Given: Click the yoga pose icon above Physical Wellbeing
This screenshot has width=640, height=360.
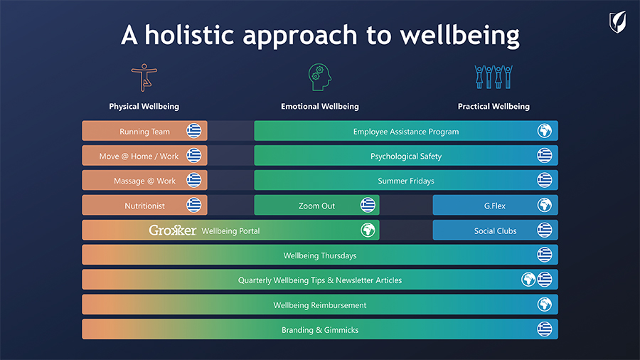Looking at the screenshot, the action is (x=144, y=77).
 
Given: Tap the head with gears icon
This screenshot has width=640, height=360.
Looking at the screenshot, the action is (x=319, y=77).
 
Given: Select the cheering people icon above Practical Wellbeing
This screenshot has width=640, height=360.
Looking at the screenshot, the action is (x=494, y=77).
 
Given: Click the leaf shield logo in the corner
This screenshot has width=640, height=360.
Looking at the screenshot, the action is (x=618, y=22).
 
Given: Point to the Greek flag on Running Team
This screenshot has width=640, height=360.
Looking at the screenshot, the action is (x=194, y=131).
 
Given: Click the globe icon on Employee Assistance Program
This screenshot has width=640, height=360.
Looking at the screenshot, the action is (x=545, y=131).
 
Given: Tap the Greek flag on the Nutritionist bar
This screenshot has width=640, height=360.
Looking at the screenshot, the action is (x=194, y=205).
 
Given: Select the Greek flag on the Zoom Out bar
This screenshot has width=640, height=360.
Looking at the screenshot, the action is (x=368, y=205).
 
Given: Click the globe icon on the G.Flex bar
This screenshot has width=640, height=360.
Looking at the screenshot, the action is (x=545, y=205).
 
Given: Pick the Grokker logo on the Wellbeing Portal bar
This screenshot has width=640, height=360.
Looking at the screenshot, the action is (x=172, y=231).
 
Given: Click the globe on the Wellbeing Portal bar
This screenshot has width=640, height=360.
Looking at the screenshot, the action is (x=368, y=230).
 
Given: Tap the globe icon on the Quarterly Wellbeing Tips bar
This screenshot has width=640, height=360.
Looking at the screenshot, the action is (x=528, y=280).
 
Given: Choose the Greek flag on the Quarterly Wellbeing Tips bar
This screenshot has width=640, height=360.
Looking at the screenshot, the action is (x=545, y=280).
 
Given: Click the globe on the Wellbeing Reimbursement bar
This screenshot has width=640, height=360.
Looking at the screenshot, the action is (x=545, y=304).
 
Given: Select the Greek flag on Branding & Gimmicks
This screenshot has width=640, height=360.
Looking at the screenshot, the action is (x=545, y=329).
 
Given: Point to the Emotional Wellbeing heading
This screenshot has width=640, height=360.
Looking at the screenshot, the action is (x=320, y=107).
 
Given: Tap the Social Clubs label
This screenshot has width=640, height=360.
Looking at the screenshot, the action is (x=495, y=231).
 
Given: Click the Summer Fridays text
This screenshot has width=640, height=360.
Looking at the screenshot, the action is (x=406, y=181).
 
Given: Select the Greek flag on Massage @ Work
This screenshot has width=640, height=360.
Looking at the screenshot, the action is (x=194, y=180).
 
